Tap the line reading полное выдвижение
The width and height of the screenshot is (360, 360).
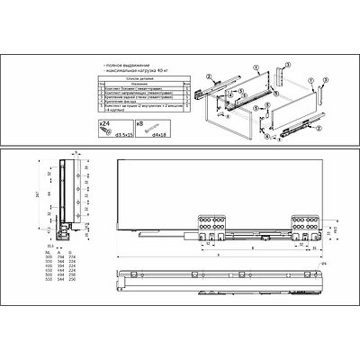click(x=127, y=67)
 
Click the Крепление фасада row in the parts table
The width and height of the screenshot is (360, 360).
click(x=135, y=102)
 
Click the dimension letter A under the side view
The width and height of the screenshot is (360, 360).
click(x=216, y=255)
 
